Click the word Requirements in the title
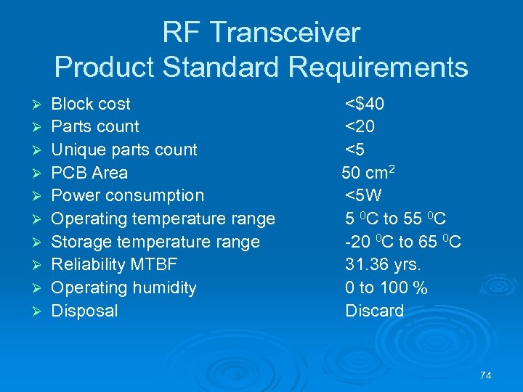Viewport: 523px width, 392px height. (378, 68)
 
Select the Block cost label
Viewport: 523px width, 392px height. (91, 104)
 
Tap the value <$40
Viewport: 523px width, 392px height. (365, 104)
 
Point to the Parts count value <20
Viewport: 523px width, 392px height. (360, 126)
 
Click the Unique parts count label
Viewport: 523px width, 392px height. (124, 150)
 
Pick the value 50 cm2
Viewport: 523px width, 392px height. (368, 172)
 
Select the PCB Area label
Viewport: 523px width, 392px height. (89, 173)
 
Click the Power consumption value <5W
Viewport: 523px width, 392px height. (363, 195)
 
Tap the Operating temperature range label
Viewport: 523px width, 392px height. (163, 219)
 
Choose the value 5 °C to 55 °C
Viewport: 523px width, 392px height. (395, 219)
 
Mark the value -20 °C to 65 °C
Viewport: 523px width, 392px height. (402, 242)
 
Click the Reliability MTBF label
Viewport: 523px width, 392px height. (114, 264)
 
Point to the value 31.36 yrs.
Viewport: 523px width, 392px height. (383, 264)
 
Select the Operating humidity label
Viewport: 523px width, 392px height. (123, 287)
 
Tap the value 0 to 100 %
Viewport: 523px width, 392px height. (386, 287)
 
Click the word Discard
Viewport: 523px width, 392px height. (374, 311)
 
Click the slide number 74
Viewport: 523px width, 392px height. (486, 375)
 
